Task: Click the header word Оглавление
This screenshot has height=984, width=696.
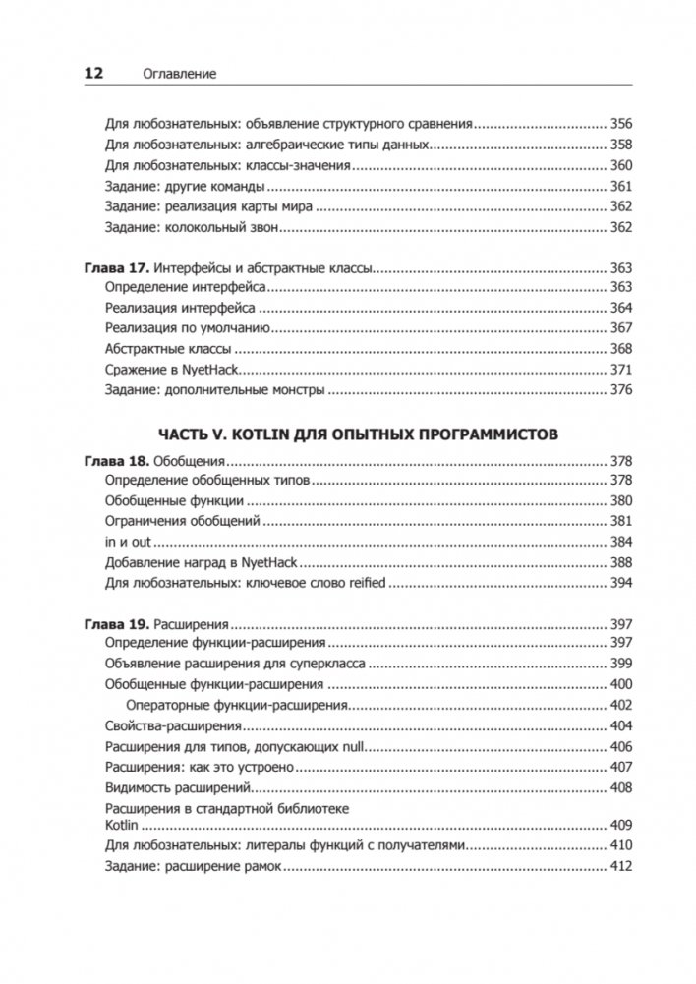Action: [179, 74]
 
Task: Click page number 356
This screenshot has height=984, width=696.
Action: [620, 124]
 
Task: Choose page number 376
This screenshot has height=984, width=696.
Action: [620, 390]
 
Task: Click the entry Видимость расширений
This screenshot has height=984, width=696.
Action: [179, 787]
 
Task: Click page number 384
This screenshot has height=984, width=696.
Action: [620, 542]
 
